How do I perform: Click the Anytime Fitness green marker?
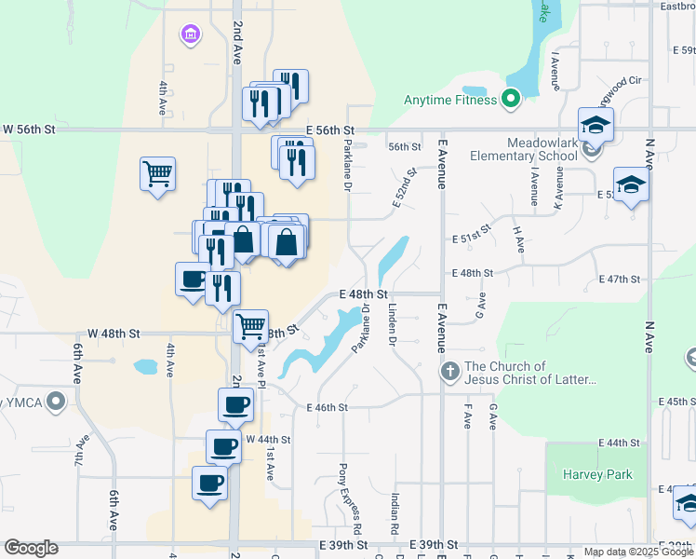click(x=510, y=99)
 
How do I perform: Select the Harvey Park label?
click(x=597, y=474)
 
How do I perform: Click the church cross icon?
click(x=449, y=373)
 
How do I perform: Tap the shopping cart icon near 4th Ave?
click(x=157, y=173)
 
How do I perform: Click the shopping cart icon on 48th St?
click(x=250, y=327)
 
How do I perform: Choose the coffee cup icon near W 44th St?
click(x=223, y=448)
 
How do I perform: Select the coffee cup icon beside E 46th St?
click(x=234, y=405)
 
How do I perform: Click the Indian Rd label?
click(x=395, y=513)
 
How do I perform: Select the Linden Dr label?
click(x=393, y=326)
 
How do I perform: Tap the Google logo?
click(x=31, y=548)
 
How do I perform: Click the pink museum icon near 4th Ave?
click(x=191, y=34)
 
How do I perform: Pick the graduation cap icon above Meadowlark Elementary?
click(x=596, y=124)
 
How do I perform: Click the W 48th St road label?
click(x=114, y=333)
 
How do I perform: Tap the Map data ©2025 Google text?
click(x=637, y=552)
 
